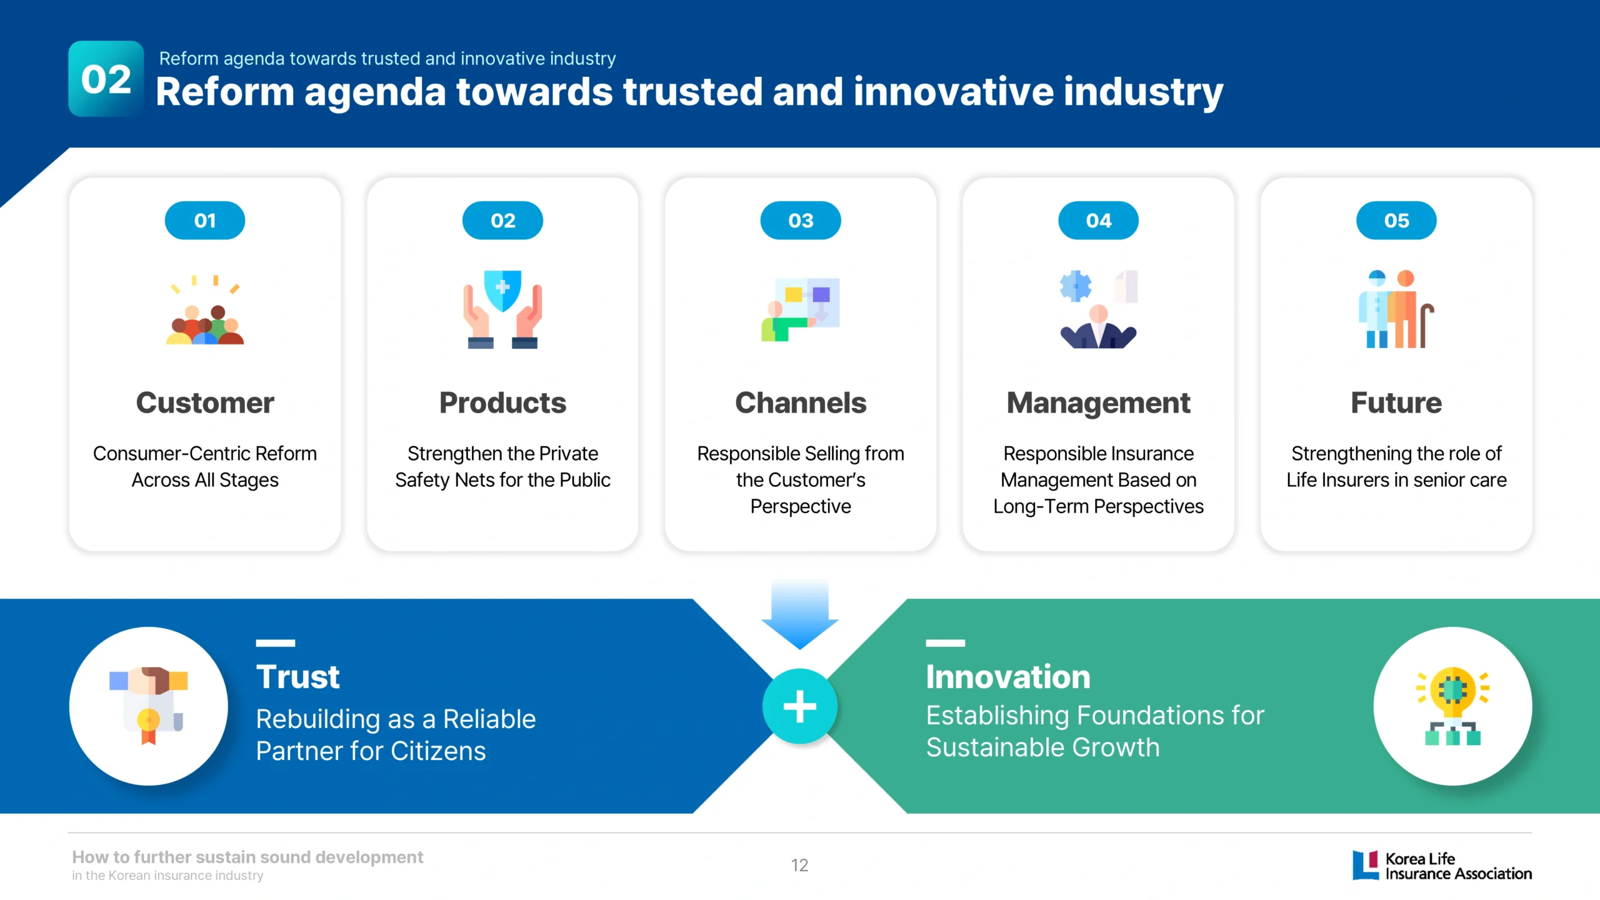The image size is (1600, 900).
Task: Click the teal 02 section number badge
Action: (106, 79)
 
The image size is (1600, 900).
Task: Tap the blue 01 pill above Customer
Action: (205, 221)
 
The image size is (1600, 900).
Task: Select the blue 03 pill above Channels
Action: (801, 221)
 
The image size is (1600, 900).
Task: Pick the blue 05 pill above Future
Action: (1396, 221)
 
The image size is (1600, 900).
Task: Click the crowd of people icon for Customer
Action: (205, 310)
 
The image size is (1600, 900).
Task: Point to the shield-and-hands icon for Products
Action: (503, 309)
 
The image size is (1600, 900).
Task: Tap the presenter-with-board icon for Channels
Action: (801, 309)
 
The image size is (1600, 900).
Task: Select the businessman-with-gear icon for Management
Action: (1099, 309)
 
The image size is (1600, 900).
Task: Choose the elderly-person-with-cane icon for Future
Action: (1396, 309)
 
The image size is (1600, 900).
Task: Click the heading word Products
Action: (503, 403)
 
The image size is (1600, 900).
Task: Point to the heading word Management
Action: (1099, 404)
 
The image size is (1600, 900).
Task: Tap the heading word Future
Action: (1396, 403)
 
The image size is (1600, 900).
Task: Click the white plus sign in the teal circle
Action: (800, 706)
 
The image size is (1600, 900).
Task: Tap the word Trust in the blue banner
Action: (298, 677)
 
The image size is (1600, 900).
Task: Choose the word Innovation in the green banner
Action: (1008, 677)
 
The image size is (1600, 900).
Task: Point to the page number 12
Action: (800, 865)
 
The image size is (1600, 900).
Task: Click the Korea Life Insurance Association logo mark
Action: (1366, 865)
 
